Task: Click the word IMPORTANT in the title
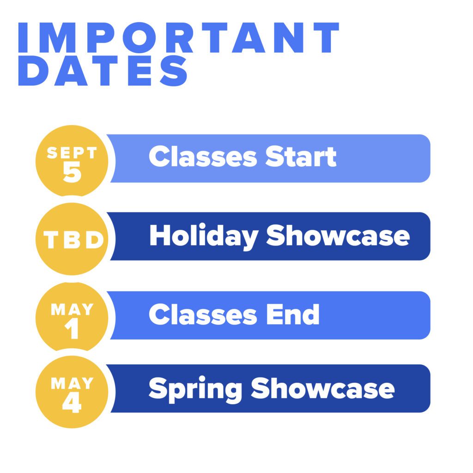coord(179,37)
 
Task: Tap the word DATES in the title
coord(103,71)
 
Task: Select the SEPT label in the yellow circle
coord(72,152)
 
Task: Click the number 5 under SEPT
coord(72,171)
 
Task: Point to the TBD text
coord(73,240)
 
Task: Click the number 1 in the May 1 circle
coord(72,328)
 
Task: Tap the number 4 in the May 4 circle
coord(72,402)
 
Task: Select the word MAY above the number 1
coord(72,309)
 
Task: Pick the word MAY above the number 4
coord(72,383)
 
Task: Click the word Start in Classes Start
coord(301,156)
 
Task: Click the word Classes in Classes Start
coord(203,156)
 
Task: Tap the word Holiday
coord(204,237)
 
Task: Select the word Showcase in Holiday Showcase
coord(338,235)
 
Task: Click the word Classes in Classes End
coord(203,314)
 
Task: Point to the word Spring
coord(195,390)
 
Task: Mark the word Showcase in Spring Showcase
coord(323,388)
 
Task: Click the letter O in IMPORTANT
coord(139,37)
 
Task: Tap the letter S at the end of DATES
coord(174,71)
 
